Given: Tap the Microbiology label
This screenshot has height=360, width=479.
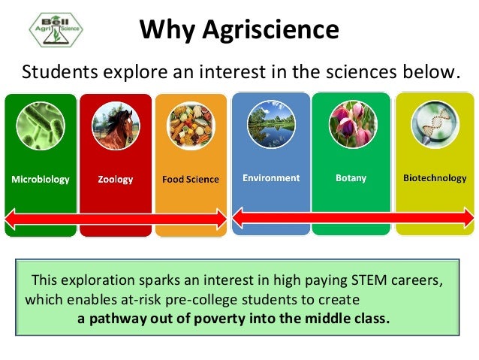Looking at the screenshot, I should [40, 180].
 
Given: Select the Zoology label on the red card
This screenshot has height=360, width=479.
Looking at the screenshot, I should [115, 180].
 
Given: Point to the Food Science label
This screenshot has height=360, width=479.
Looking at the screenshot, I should [191, 180].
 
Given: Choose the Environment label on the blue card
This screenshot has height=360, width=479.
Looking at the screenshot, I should [271, 178].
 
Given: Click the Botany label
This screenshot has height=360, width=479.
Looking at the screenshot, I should [351, 178].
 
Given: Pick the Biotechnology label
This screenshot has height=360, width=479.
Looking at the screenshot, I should [435, 178].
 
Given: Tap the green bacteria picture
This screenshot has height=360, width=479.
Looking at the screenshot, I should [41, 126].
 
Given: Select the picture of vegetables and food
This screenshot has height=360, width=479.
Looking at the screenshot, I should [191, 126].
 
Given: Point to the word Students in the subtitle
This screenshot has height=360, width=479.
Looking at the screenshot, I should [53, 72].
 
